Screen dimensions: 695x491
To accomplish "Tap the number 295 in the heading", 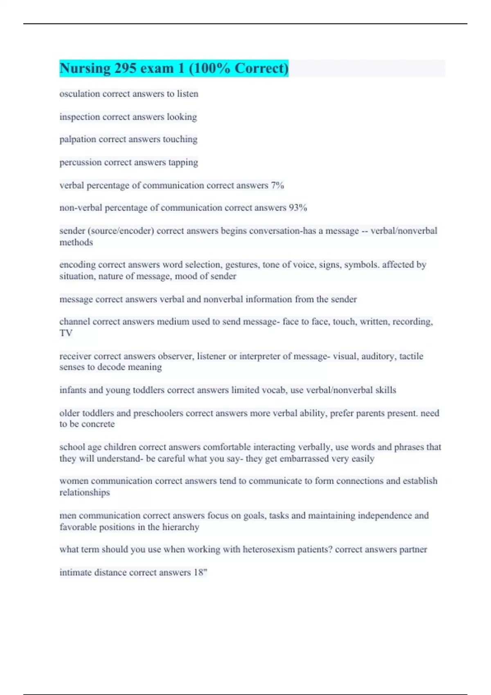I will [x=125, y=68].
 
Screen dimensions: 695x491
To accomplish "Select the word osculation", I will [x=80, y=94].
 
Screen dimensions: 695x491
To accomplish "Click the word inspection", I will [x=80, y=117].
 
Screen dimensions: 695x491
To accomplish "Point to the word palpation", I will [x=78, y=139].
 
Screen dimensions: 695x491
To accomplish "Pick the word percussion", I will [x=81, y=162].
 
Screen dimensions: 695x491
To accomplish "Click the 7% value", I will [x=277, y=185].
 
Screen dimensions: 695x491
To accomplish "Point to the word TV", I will [x=66, y=333].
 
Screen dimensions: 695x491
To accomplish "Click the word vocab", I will [x=274, y=390].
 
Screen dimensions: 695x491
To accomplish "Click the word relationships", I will [x=85, y=493].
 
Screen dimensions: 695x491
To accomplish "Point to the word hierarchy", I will [x=180, y=527].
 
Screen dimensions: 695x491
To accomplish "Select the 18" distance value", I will [x=200, y=572].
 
